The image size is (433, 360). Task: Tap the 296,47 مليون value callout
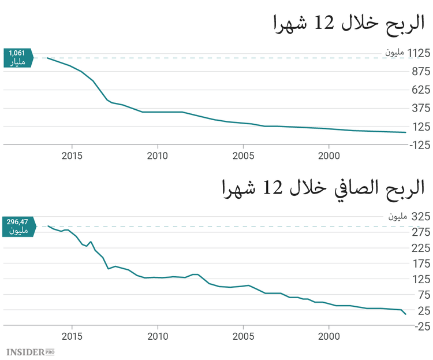pyautogui.click(x=18, y=226)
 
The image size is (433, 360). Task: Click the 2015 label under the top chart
pyautogui.click(x=72, y=156)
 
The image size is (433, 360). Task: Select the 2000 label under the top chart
pyautogui.click(x=329, y=156)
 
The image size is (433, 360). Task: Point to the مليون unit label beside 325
pyautogui.click(x=397, y=217)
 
